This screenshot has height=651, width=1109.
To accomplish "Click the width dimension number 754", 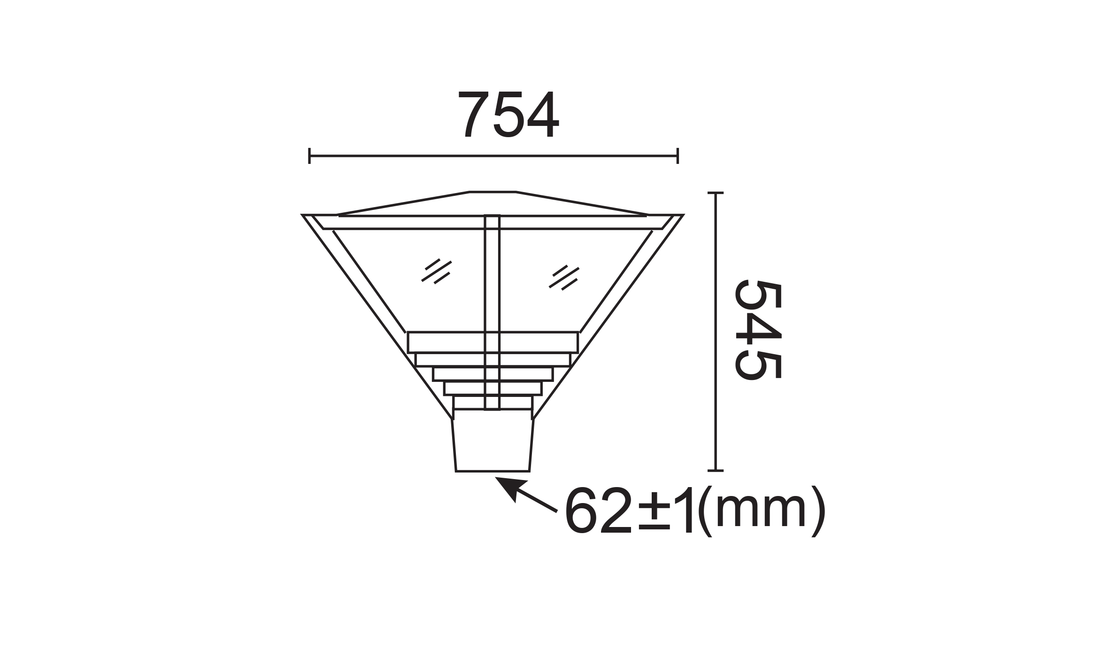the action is pyautogui.click(x=508, y=114).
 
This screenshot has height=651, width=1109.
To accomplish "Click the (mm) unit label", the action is pyautogui.click(x=761, y=511).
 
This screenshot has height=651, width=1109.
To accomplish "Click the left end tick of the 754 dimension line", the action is pyautogui.click(x=309, y=156).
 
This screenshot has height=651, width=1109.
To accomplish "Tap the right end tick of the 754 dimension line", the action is pyautogui.click(x=678, y=156).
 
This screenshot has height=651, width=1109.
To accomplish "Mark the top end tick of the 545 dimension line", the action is pyautogui.click(x=715, y=193).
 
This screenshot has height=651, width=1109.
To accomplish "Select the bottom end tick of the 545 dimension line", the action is pyautogui.click(x=715, y=471).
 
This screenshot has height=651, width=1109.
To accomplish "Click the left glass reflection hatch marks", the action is pyautogui.click(x=436, y=271).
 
